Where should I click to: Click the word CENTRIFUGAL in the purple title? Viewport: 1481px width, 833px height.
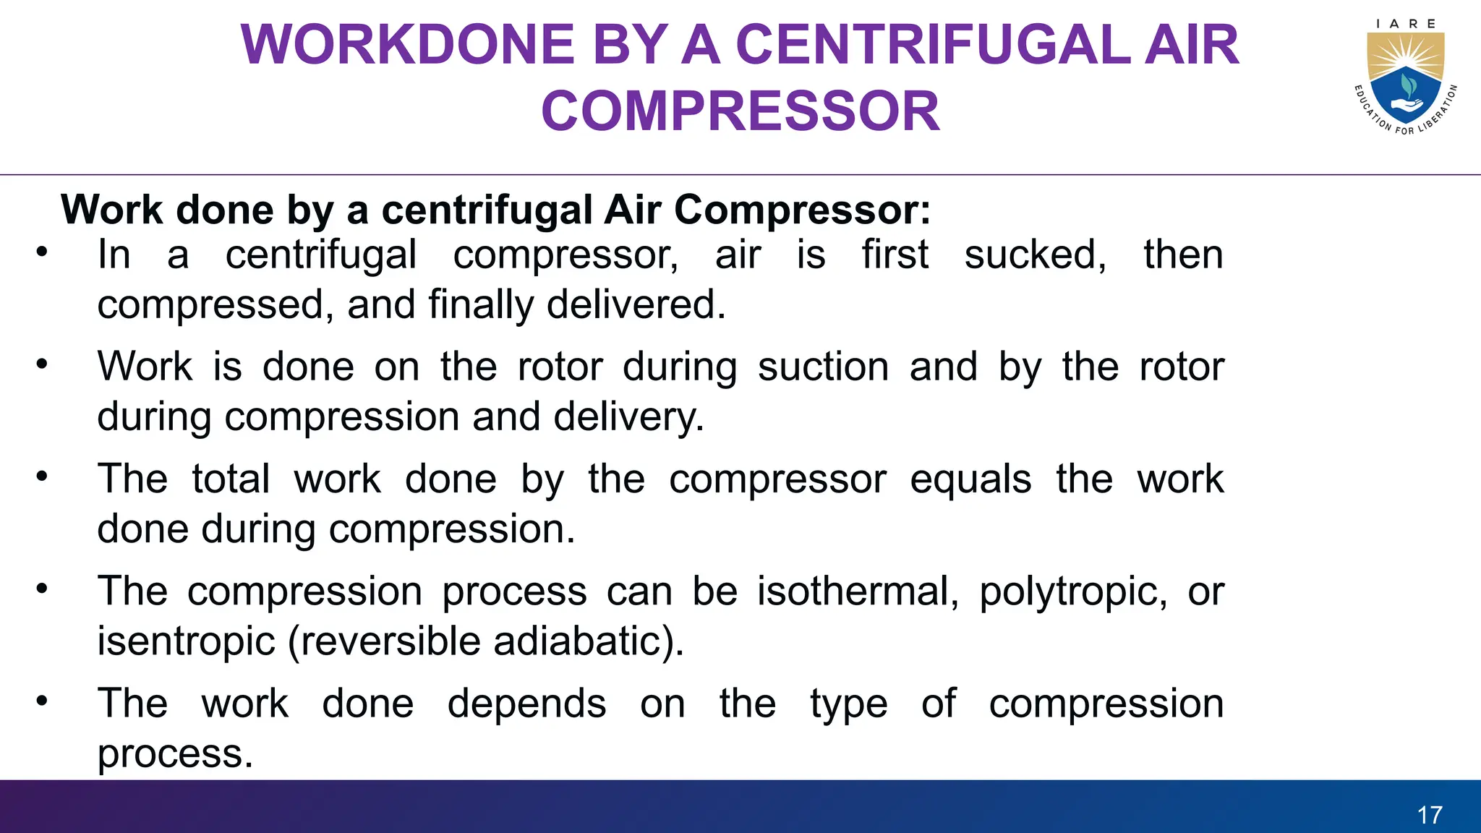933,45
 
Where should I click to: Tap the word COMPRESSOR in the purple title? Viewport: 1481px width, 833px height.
740,111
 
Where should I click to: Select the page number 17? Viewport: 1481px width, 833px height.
1430,815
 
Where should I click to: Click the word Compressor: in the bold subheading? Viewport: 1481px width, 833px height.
802,210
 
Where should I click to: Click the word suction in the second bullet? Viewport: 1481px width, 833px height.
823,367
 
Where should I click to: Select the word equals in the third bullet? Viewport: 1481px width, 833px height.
970,479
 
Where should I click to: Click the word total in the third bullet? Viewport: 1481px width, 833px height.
231,479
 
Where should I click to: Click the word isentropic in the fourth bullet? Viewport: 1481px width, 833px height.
187,641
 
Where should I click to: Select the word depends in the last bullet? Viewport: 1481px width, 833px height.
526,704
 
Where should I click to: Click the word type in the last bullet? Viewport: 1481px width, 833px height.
848,704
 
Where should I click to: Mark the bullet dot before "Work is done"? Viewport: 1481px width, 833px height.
43,364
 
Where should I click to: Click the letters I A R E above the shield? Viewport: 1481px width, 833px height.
1406,24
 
